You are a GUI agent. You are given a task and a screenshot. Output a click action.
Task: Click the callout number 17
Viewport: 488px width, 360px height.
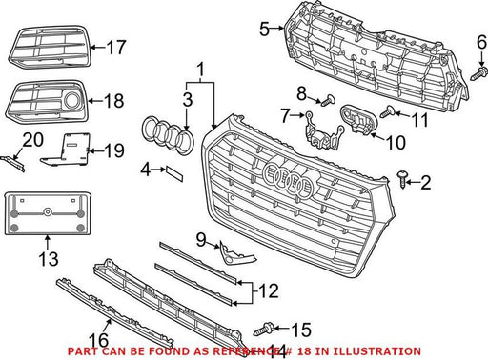click(x=116, y=47)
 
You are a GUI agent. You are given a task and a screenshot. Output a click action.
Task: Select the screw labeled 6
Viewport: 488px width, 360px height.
click(x=478, y=73)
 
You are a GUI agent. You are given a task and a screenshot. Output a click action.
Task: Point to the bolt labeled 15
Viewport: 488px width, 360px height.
click(x=264, y=329)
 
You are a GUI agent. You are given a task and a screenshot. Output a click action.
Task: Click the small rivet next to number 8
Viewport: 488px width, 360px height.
click(x=328, y=100)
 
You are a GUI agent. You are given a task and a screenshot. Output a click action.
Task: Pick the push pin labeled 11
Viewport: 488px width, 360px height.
click(x=388, y=111)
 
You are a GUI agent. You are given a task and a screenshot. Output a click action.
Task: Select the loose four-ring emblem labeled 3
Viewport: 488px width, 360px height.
click(x=167, y=135)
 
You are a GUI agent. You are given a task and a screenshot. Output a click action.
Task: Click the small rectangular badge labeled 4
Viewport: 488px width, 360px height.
click(x=174, y=174)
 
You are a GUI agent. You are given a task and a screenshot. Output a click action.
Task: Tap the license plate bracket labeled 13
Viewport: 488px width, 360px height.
click(x=48, y=213)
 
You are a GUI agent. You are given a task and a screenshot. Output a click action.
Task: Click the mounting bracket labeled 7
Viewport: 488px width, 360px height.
click(x=323, y=130)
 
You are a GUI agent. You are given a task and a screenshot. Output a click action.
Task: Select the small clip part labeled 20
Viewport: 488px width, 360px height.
click(x=12, y=163)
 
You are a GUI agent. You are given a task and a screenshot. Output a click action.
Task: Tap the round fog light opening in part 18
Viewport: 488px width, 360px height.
click(x=72, y=100)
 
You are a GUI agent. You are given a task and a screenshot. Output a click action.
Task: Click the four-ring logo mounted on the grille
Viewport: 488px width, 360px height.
click(x=288, y=179)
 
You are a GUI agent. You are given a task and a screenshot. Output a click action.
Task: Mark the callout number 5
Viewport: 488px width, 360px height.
click(x=264, y=30)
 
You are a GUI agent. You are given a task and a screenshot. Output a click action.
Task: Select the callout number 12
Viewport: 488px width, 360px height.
click(x=269, y=290)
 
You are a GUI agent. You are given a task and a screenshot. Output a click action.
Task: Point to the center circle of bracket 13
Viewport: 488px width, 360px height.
click(x=48, y=211)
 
